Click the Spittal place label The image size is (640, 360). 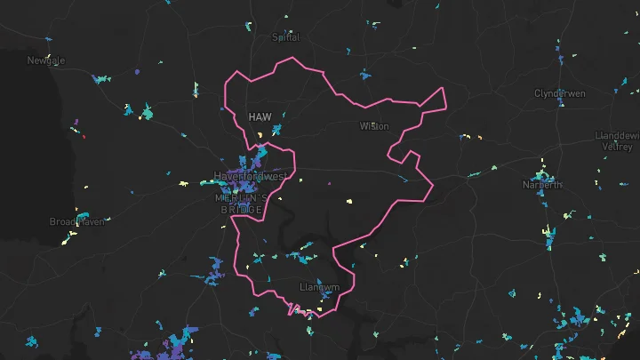(285, 37)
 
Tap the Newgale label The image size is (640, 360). (46, 60)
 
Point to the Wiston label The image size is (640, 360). (373, 126)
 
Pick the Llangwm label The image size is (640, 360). (319, 287)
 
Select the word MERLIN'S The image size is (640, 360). (239, 199)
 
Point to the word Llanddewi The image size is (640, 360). (617, 135)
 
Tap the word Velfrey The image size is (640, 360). (616, 147)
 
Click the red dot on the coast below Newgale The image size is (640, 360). (83, 136)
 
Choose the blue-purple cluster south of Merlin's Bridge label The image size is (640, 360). (216, 268)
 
